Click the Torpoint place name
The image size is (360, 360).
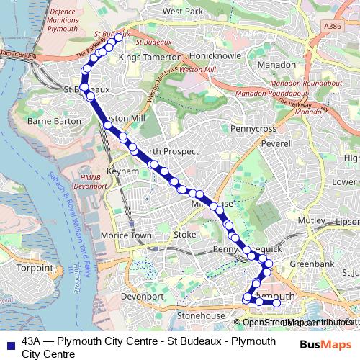tap(35, 268)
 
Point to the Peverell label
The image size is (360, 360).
tap(276, 144)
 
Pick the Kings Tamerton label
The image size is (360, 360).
tap(150, 56)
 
